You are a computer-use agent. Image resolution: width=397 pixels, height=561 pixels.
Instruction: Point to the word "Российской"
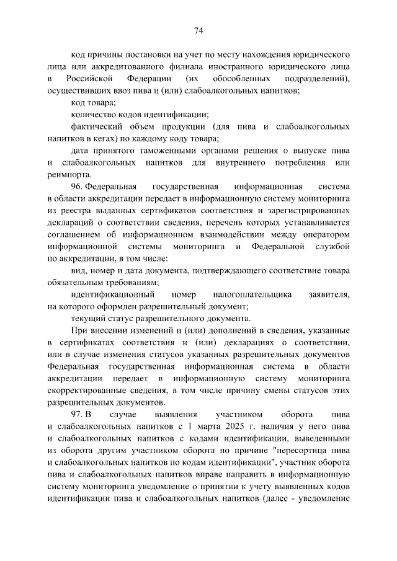coord(88,79)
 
